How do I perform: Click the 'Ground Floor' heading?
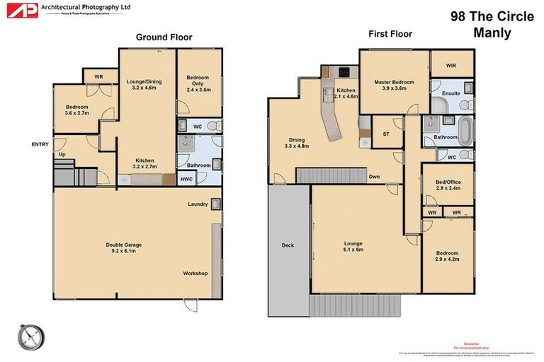(164, 37)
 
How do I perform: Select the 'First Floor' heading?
(390, 33)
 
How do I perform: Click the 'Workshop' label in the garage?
(195, 273)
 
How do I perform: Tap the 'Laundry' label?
(198, 205)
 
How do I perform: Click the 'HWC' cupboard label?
(186, 180)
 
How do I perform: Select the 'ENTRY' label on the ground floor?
(40, 144)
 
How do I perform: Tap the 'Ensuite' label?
(451, 93)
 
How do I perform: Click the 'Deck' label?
(287, 245)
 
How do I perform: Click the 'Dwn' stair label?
(375, 177)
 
